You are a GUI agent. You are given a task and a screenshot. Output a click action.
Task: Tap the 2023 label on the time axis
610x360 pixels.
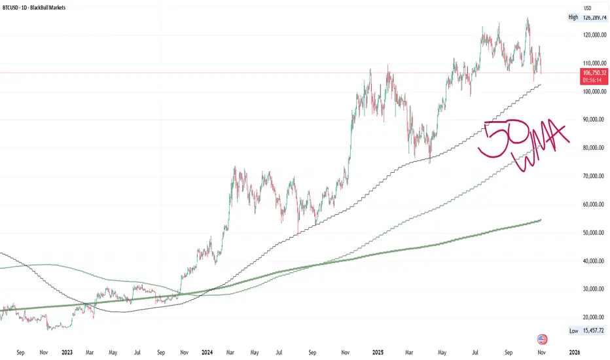pyautogui.click(x=67, y=352)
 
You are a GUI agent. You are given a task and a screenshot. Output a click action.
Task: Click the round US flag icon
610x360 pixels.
pyautogui.click(x=542, y=339)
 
